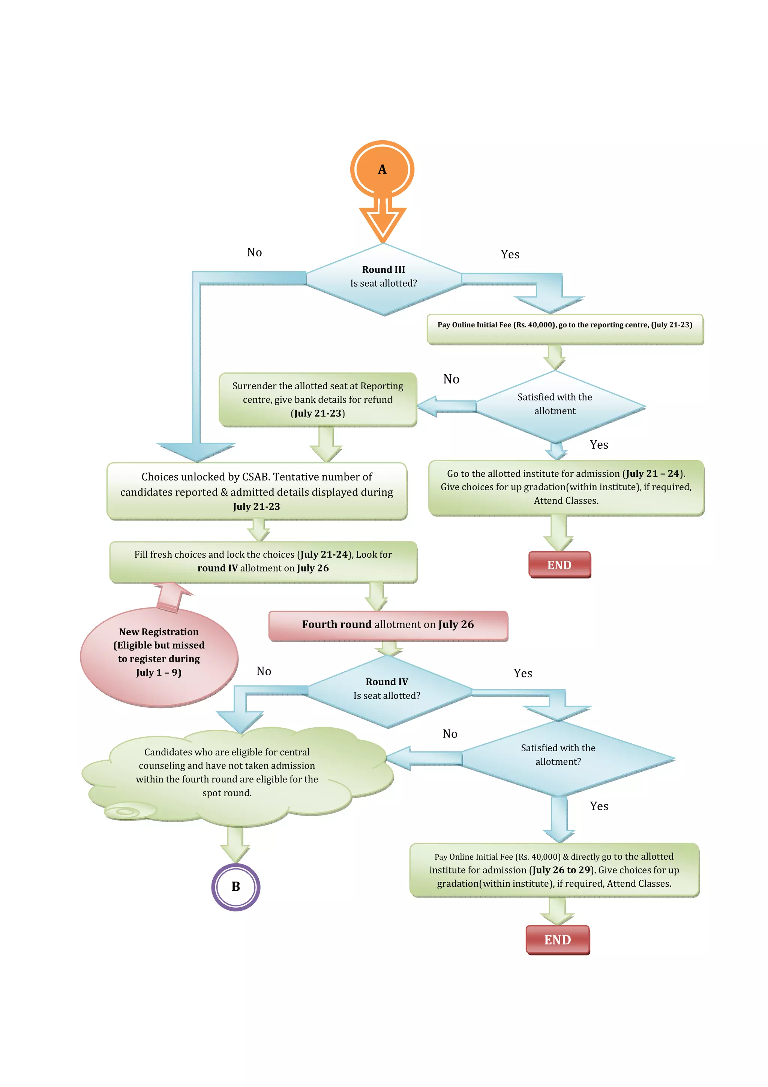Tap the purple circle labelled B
tap(235, 887)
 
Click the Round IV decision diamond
tap(387, 691)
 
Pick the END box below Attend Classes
tap(559, 565)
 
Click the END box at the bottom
tap(557, 940)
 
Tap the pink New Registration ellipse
tap(159, 656)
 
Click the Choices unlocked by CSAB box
tap(256, 491)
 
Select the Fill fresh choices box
tap(263, 562)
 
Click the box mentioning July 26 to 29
tap(554, 870)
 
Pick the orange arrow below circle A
tap(382, 220)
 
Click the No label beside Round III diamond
tap(254, 252)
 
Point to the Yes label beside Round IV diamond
tap(522, 673)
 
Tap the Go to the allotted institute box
tap(566, 487)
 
